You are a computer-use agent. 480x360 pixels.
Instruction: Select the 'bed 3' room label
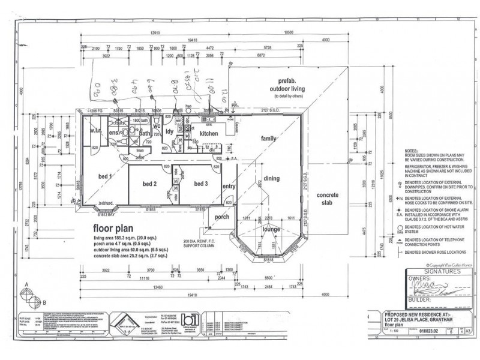(x=198, y=184)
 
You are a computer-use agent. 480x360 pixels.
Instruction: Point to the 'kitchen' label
(x=211, y=133)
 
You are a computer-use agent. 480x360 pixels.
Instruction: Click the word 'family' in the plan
(x=268, y=139)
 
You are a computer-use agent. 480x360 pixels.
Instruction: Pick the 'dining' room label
(x=271, y=178)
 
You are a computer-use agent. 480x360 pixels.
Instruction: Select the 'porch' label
(x=223, y=217)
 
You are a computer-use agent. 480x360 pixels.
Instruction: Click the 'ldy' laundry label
(x=170, y=131)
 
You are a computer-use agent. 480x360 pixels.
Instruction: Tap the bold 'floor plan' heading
(x=118, y=229)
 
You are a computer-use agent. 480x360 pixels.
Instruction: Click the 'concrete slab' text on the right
(x=328, y=199)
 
